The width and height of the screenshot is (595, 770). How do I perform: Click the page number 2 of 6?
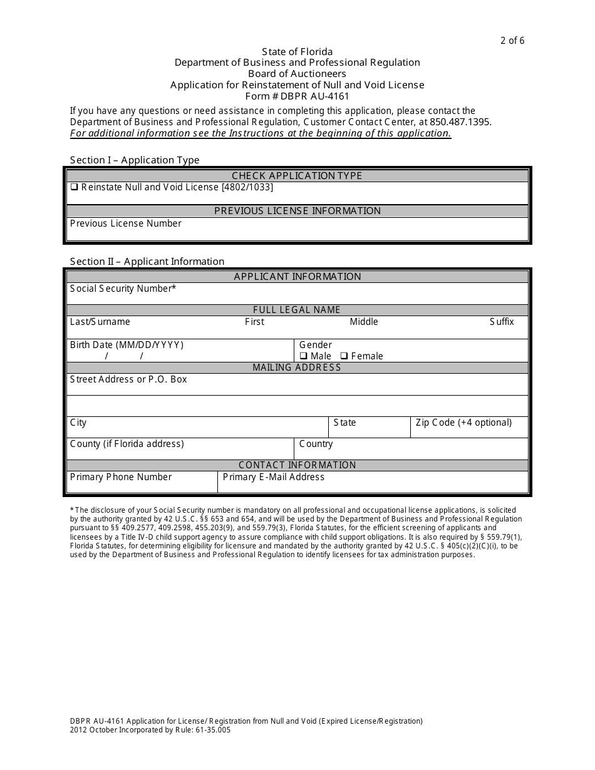[512, 41]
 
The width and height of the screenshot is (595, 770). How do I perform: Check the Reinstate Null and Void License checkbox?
[74, 187]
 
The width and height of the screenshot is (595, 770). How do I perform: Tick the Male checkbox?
[303, 356]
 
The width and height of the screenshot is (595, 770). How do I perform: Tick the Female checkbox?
[344, 356]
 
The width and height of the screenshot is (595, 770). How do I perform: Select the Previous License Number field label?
[125, 223]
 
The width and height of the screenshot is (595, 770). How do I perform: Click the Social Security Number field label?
[123, 289]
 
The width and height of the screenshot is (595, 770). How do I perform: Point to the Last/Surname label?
[100, 322]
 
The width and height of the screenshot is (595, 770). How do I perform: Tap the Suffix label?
[501, 322]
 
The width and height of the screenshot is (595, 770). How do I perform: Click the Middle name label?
[364, 322]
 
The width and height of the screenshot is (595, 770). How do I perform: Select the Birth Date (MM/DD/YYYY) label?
[127, 345]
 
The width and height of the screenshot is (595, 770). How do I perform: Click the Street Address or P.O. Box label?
[128, 379]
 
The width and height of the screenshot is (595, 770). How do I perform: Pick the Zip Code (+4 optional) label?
[463, 423]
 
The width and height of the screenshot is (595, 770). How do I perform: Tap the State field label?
[344, 423]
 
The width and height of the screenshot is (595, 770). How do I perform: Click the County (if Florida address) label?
[127, 444]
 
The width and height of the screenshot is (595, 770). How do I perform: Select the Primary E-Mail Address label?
[273, 477]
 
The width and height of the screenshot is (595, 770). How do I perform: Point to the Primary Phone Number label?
[120, 477]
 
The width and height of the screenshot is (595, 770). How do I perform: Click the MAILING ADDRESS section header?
[297, 367]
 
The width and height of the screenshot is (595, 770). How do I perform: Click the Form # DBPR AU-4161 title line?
[297, 96]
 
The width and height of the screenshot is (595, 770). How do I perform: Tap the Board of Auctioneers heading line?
[297, 74]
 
